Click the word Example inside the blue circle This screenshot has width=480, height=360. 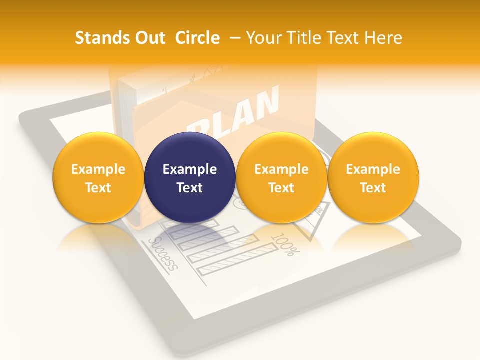[190, 169]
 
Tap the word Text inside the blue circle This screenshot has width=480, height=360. [190, 188]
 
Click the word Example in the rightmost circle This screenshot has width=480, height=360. [373, 169]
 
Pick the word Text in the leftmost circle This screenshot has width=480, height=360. [98, 188]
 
